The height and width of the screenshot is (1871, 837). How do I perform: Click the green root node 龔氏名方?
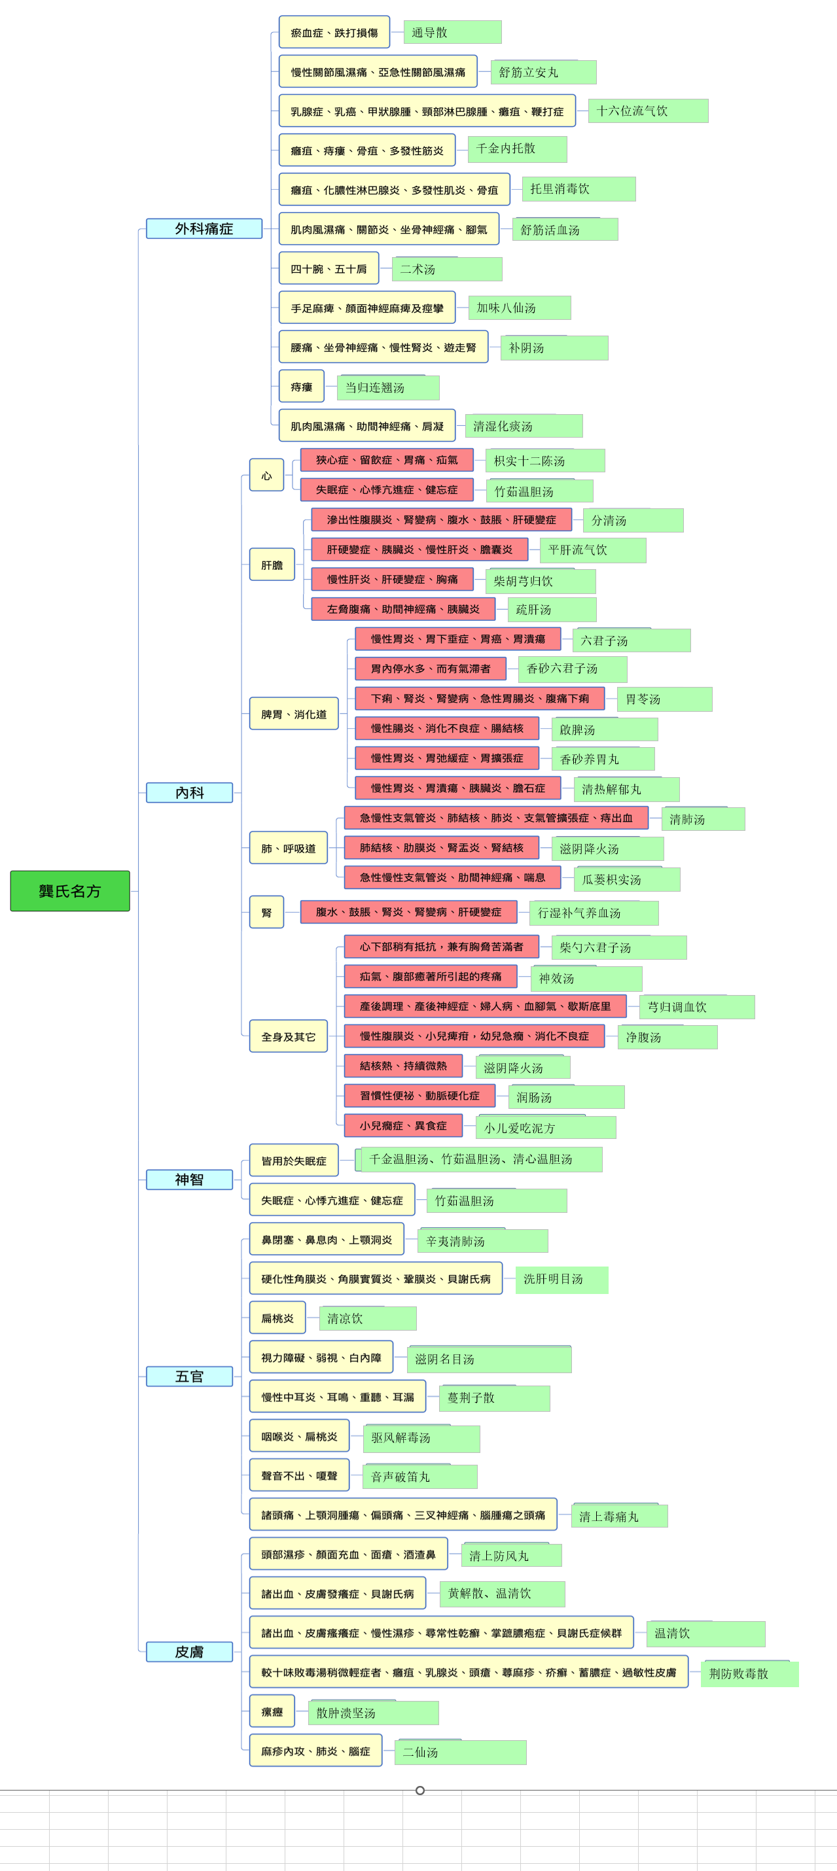tap(70, 890)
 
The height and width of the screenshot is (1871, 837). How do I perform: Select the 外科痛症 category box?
tap(204, 228)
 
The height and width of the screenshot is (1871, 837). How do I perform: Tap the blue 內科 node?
tap(190, 792)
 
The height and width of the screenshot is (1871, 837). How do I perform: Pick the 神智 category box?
tap(190, 1180)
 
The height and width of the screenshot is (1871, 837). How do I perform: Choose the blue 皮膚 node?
tap(190, 1652)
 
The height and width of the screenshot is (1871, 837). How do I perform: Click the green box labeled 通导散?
tap(453, 32)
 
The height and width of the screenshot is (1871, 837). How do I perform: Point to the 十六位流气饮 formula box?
tap(648, 111)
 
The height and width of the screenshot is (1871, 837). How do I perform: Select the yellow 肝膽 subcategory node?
tap(272, 565)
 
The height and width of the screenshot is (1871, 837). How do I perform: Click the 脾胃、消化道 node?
tap(294, 713)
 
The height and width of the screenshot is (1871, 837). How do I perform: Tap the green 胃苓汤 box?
tap(665, 699)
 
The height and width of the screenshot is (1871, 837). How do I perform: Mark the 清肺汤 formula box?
tap(703, 818)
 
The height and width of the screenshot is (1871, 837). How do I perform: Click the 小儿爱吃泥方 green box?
tap(546, 1127)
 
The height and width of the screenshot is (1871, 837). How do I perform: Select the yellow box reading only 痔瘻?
tap(302, 387)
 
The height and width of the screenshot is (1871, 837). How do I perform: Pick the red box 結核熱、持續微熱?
tap(403, 1066)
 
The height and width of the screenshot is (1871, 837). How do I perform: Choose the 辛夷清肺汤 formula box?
tap(483, 1240)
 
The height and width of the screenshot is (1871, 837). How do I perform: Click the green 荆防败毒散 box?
tap(750, 1673)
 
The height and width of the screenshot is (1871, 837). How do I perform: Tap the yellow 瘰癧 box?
tap(272, 1711)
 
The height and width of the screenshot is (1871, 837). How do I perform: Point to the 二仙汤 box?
tap(461, 1752)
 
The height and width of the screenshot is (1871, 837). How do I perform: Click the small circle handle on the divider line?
tap(420, 1791)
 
